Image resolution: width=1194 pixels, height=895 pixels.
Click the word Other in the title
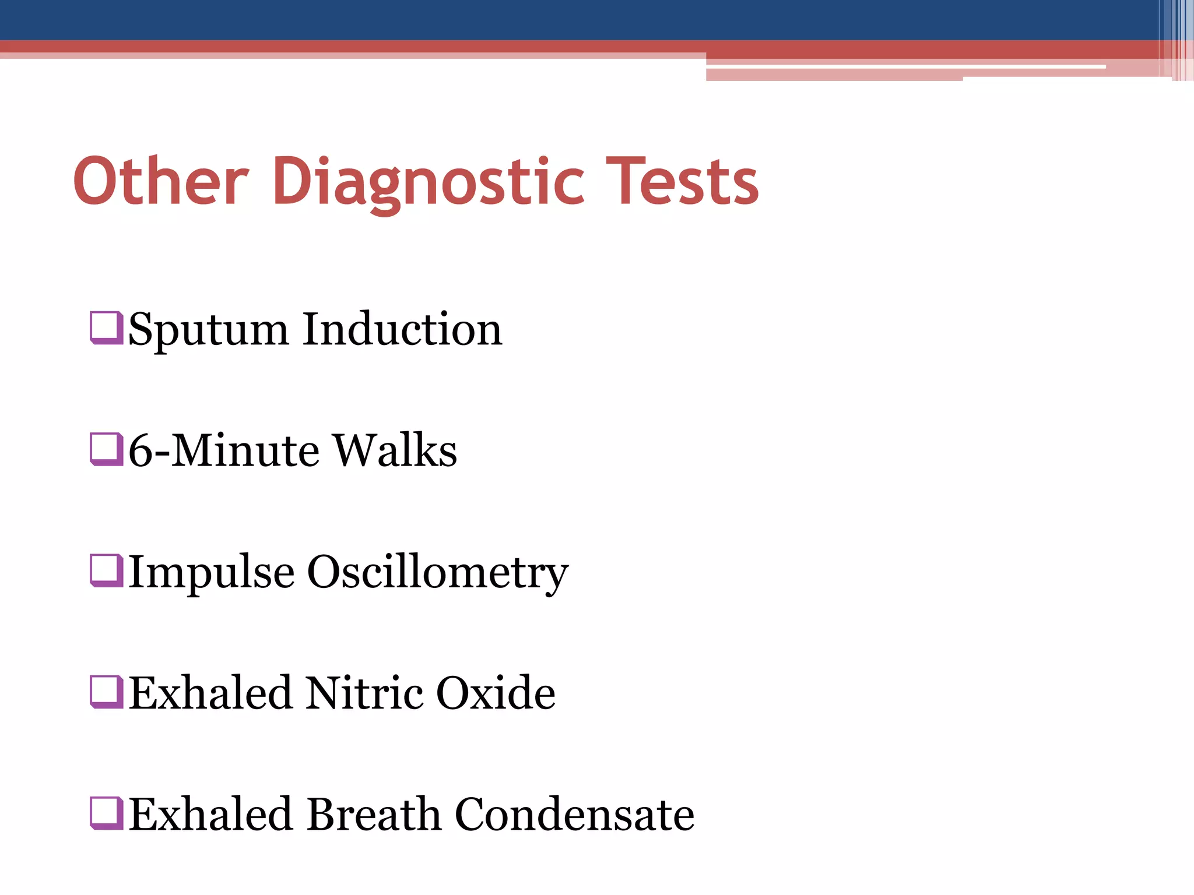pos(161,181)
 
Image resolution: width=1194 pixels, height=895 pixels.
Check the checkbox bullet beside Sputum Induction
pos(107,328)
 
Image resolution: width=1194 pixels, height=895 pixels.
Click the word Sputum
pos(208,330)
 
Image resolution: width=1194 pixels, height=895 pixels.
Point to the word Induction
pos(402,329)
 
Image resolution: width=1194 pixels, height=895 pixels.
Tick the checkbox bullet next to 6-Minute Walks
pos(107,449)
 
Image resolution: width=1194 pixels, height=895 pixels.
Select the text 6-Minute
pos(223,450)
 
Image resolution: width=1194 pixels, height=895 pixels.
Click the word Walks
pos(395,450)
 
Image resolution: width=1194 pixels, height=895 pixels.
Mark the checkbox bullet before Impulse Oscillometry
pos(107,570)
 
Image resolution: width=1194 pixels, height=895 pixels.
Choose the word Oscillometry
pos(437,573)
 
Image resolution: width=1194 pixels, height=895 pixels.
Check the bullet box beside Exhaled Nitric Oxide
pos(107,692)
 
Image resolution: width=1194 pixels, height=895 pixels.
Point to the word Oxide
pos(496,693)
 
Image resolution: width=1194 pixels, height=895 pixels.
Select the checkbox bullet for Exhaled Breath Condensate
pos(107,813)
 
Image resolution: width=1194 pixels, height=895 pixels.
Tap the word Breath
pos(374,814)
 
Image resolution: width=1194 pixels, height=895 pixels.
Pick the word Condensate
pos(574,814)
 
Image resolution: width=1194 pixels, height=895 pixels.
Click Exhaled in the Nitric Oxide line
pos(210,693)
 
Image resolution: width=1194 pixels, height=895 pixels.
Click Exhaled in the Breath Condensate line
pos(210,814)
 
